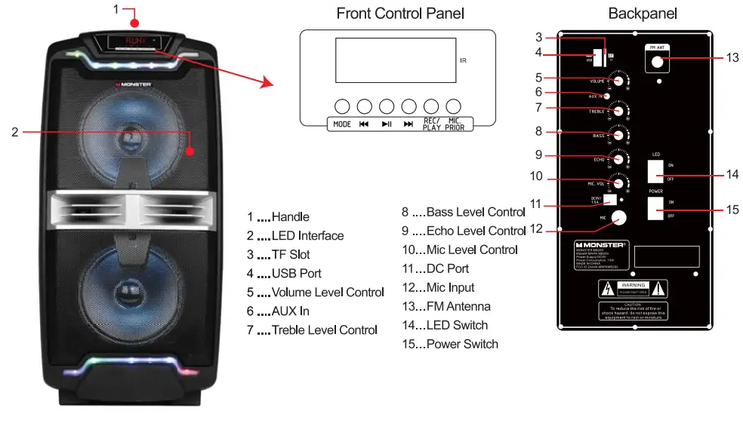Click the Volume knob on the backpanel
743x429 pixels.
coord(619,81)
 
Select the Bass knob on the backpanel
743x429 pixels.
coord(619,135)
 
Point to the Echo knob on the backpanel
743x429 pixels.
coord(619,159)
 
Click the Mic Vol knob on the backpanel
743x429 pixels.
coord(619,183)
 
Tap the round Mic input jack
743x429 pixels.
coord(619,218)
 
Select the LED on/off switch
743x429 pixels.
coord(654,171)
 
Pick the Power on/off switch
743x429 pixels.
coord(654,209)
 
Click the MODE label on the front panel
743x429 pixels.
coord(341,124)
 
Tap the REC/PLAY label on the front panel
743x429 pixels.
coord(432,124)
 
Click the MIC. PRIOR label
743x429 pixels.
coord(455,124)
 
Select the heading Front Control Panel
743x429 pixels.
coord(399,13)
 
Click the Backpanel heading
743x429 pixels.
coord(643,14)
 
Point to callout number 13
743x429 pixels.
coord(732,58)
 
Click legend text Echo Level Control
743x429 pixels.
coord(475,231)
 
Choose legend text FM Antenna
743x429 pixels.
coord(458,306)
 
